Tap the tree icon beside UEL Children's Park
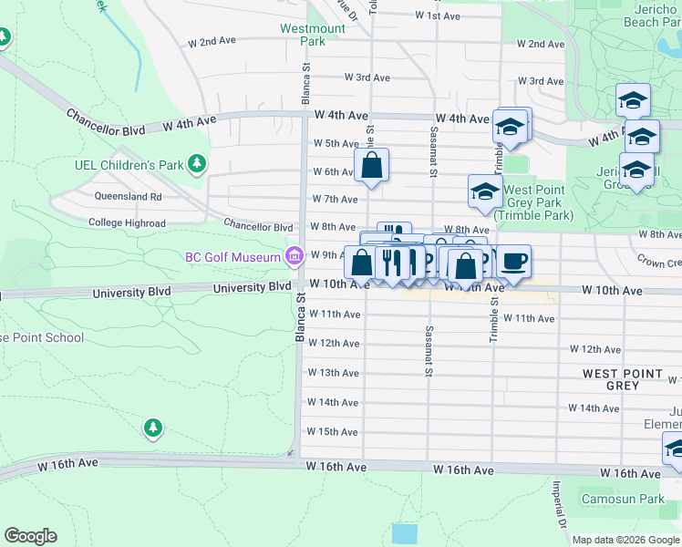tap(196, 165)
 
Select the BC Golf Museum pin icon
tap(294, 257)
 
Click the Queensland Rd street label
tap(128, 196)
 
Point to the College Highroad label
tap(127, 222)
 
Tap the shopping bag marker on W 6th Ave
tap(371, 167)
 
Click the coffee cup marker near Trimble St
tap(513, 262)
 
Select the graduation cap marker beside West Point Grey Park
tap(485, 192)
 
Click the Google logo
tap(30, 536)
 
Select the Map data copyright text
tap(625, 540)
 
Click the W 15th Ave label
tap(334, 431)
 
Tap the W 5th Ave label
tap(336, 143)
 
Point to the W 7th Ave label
tap(334, 199)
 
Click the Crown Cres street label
tap(661, 262)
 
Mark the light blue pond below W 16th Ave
tap(403, 533)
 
